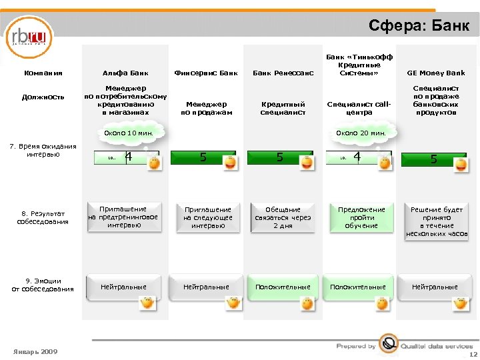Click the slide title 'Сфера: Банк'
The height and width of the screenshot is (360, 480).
pyautogui.click(x=423, y=25)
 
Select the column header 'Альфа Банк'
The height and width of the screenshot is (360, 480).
pyautogui.click(x=125, y=73)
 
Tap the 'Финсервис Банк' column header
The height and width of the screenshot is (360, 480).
pyautogui.click(x=205, y=73)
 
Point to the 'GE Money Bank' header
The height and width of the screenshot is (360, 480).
pyautogui.click(x=436, y=73)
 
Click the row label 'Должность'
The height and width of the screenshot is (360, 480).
pyautogui.click(x=43, y=97)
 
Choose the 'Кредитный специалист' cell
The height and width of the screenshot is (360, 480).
pyautogui.click(x=283, y=108)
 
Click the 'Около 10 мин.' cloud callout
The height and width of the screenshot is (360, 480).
pyautogui.click(x=129, y=133)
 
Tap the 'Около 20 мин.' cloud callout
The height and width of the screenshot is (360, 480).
pyautogui.click(x=361, y=133)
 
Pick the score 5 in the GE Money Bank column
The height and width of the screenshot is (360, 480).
pyautogui.click(x=433, y=159)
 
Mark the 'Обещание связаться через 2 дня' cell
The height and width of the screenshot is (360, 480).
pyautogui.click(x=283, y=217)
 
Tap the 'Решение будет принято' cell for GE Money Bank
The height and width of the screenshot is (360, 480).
pyautogui.click(x=436, y=221)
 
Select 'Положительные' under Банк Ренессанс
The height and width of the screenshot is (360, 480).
pyautogui.click(x=283, y=287)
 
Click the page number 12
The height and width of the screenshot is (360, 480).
pyautogui.click(x=472, y=355)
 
